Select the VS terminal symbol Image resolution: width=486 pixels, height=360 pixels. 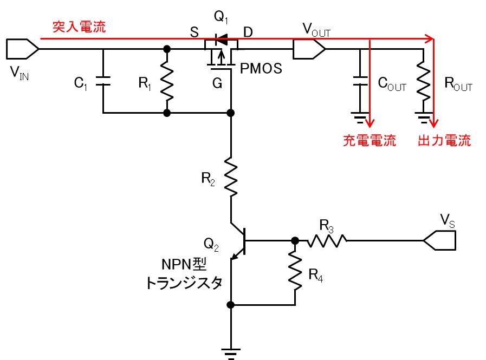tap(439, 240)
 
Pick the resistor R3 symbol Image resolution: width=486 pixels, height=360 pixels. tap(327, 240)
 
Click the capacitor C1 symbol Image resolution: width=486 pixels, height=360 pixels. tap(103, 82)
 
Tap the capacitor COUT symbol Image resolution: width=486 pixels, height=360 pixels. tap(358, 82)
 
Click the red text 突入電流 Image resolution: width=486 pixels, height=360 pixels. tap(79, 27)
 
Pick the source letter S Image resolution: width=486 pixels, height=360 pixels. tap(194, 32)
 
